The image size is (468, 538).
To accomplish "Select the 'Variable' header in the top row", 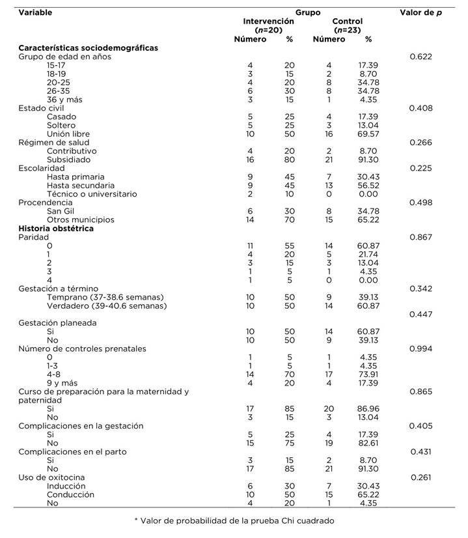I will click(x=36, y=12).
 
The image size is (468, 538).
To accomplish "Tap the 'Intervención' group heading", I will click(x=268, y=21).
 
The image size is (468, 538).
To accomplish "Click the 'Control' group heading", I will click(x=347, y=21).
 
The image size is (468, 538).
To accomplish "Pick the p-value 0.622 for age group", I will click(x=422, y=57).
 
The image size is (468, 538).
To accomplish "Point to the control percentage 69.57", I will click(x=368, y=134).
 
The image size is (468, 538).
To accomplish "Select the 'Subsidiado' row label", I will click(x=68, y=160).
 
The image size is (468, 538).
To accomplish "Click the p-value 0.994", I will click(x=422, y=349).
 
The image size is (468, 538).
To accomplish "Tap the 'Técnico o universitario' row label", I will click(x=91, y=194).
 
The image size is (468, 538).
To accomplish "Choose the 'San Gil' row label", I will click(x=61, y=211).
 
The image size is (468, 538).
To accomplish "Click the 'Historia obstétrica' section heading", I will click(x=56, y=229).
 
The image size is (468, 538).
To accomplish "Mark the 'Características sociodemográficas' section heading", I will click(x=89, y=48).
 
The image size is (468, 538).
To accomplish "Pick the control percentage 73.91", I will click(x=368, y=375).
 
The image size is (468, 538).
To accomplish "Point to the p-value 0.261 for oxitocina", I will click(x=422, y=478).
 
